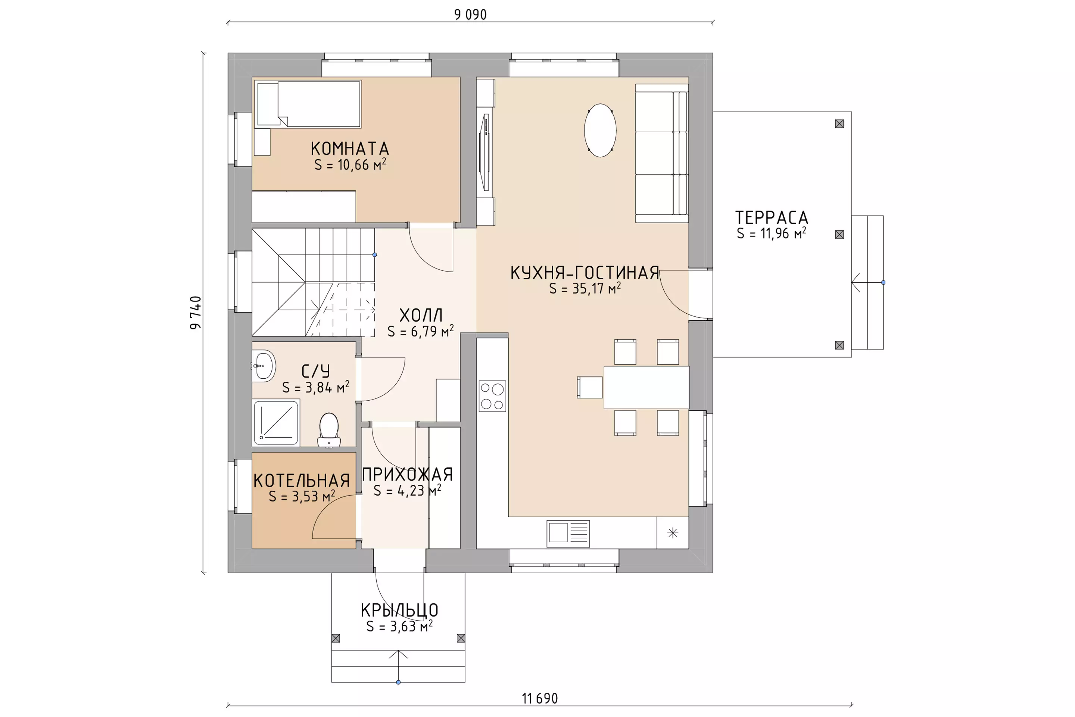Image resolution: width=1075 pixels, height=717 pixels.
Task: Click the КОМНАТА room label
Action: [350, 149]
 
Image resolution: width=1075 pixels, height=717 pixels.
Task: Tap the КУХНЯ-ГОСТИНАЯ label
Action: [585, 273]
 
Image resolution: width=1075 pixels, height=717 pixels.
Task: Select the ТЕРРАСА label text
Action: [772, 217]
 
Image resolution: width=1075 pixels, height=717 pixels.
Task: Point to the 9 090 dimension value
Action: [470, 15]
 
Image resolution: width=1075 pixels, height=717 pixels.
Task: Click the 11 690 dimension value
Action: [540, 698]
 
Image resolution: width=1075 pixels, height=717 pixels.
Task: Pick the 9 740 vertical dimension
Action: [196, 313]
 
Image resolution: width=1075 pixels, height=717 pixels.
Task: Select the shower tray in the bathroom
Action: [276, 422]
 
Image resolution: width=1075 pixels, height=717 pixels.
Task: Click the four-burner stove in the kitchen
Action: [492, 395]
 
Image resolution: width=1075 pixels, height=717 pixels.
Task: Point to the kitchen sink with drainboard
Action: [568, 533]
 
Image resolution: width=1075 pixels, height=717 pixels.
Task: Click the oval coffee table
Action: [600, 130]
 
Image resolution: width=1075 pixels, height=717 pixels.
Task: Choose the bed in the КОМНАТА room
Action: [308, 104]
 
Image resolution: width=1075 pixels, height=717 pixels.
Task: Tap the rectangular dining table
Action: [646, 387]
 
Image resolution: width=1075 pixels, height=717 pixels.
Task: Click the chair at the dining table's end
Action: [590, 387]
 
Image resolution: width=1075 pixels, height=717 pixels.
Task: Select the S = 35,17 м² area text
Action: [585, 288]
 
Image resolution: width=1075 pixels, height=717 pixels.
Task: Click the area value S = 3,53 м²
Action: [302, 496]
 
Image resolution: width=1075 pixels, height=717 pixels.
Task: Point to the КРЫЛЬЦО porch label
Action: [399, 610]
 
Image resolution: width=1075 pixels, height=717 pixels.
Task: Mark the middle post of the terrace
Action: [839, 235]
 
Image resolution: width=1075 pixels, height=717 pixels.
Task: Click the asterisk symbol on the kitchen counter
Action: [672, 533]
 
